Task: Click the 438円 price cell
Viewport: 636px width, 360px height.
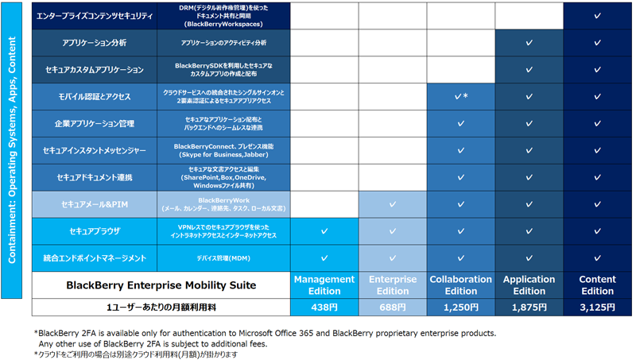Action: [x=324, y=307]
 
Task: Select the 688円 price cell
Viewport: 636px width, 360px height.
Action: [x=393, y=307]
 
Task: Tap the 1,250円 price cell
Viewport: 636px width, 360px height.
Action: [x=460, y=307]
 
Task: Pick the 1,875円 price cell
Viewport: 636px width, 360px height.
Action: [x=529, y=307]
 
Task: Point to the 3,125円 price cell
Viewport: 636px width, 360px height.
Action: [x=597, y=307]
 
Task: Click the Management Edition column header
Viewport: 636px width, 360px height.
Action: [x=324, y=285]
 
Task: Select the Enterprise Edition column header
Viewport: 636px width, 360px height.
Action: [x=393, y=285]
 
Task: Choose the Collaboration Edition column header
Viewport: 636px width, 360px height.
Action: [x=460, y=285]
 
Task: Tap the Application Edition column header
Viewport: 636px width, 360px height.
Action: [x=529, y=285]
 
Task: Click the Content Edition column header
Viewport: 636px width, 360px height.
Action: [x=597, y=285]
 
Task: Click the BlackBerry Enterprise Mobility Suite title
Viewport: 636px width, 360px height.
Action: [x=161, y=285]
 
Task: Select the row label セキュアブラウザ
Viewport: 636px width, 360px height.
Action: [x=95, y=231]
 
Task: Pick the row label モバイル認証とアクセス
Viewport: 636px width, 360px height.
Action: [x=95, y=96]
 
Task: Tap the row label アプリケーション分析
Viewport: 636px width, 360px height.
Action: [x=95, y=43]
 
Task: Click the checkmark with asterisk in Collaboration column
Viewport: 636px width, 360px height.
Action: [x=460, y=96]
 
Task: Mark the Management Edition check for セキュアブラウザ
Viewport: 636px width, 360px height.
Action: [x=324, y=231]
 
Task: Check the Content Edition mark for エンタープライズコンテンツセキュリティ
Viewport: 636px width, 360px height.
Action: [x=597, y=16]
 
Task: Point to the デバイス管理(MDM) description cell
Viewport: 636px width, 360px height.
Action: [x=223, y=258]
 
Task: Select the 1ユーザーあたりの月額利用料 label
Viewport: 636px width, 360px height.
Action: [x=161, y=307]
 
